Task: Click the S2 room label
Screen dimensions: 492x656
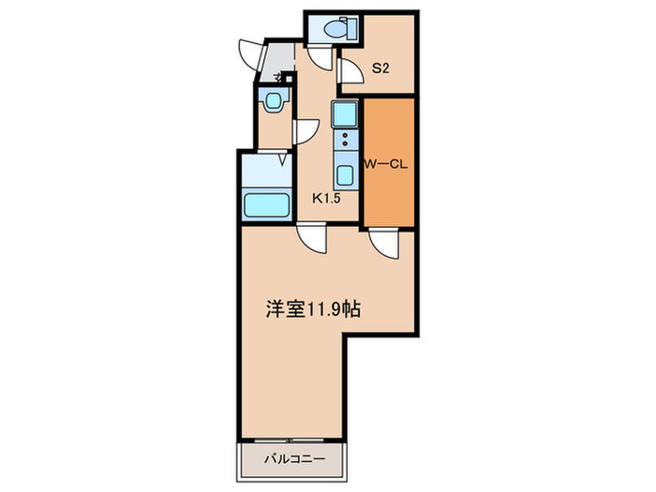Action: (381, 67)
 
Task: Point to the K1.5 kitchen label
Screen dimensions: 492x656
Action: (326, 198)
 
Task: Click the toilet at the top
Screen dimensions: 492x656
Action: (333, 29)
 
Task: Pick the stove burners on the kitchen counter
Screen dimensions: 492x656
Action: (344, 141)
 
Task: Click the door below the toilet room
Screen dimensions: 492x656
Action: (321, 58)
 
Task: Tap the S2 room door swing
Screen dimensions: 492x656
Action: (350, 72)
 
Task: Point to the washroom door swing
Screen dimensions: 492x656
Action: (306, 131)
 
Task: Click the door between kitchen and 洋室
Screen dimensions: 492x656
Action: (312, 240)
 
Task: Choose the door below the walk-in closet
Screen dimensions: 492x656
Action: (383, 243)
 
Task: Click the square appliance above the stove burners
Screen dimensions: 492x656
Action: (344, 115)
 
